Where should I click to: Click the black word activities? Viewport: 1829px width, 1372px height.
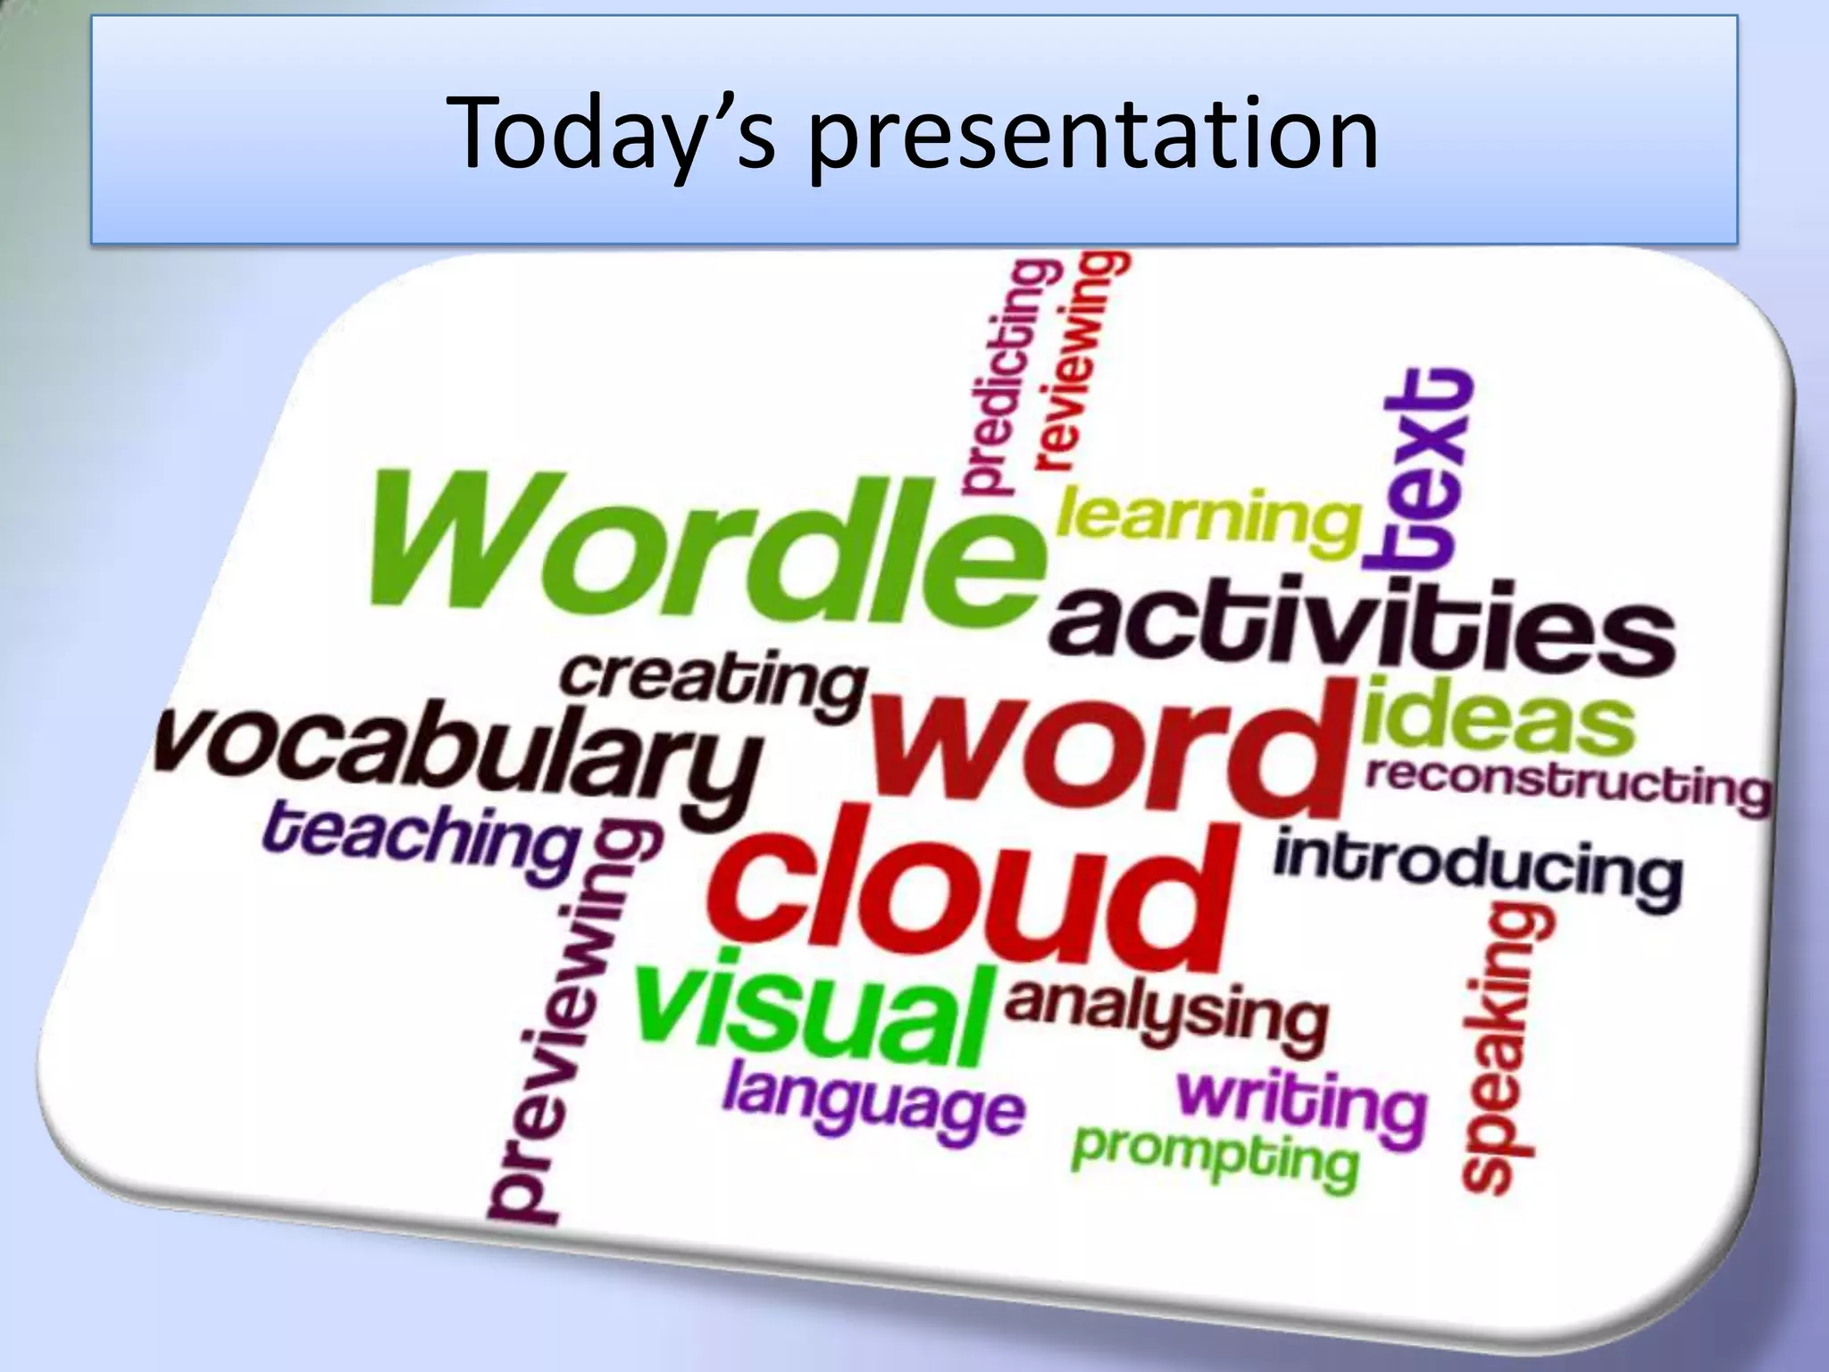click(x=1362, y=630)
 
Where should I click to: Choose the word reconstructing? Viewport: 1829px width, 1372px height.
click(x=1567, y=784)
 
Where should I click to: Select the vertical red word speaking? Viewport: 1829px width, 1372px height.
click(x=1505, y=1050)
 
